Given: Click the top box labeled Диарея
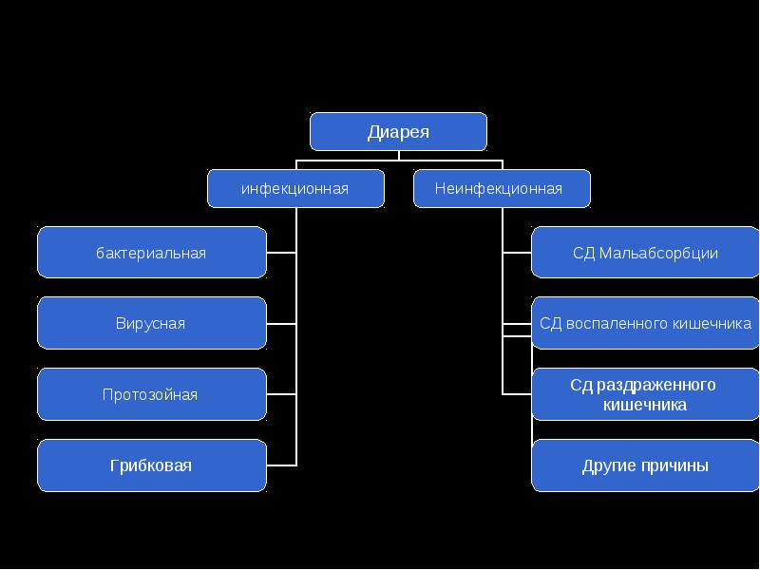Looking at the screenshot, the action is coord(398,132).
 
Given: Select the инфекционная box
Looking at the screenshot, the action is coord(295,188).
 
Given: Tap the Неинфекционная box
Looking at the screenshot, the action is coord(502,188).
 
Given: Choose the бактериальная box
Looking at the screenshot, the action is coord(152,253).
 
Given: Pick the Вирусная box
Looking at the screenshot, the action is coord(152,323).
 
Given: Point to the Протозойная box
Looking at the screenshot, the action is coord(152,394).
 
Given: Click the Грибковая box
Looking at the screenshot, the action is coord(152,465).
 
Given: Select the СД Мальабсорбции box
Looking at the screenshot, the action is coord(646,253).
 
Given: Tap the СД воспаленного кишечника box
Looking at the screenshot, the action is coord(646,323).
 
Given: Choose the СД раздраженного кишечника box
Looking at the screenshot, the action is coord(646,394).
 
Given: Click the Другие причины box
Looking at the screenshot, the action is coord(646,465).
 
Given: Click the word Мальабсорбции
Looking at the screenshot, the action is coord(658,254).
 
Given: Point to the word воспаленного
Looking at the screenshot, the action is coord(611,324).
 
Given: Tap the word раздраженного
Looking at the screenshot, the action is coord(655,385).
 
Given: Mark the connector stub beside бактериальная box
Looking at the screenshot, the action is coord(281,253).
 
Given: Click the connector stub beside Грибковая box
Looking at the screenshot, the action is coord(281,465).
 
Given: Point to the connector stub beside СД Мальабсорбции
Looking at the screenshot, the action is coord(517,253).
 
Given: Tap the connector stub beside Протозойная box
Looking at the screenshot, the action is coord(281,394).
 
